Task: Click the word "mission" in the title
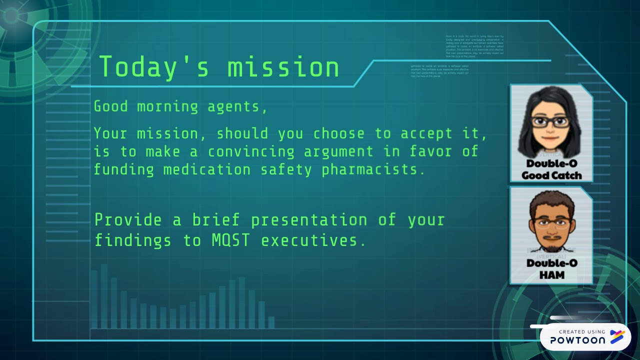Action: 283,67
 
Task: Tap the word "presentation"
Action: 308,220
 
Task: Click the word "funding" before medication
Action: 124,169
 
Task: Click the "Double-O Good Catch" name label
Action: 551,169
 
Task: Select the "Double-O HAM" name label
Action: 551,269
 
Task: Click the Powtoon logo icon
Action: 617,337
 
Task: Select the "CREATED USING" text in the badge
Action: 581,331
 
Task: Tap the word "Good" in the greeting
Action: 111,107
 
